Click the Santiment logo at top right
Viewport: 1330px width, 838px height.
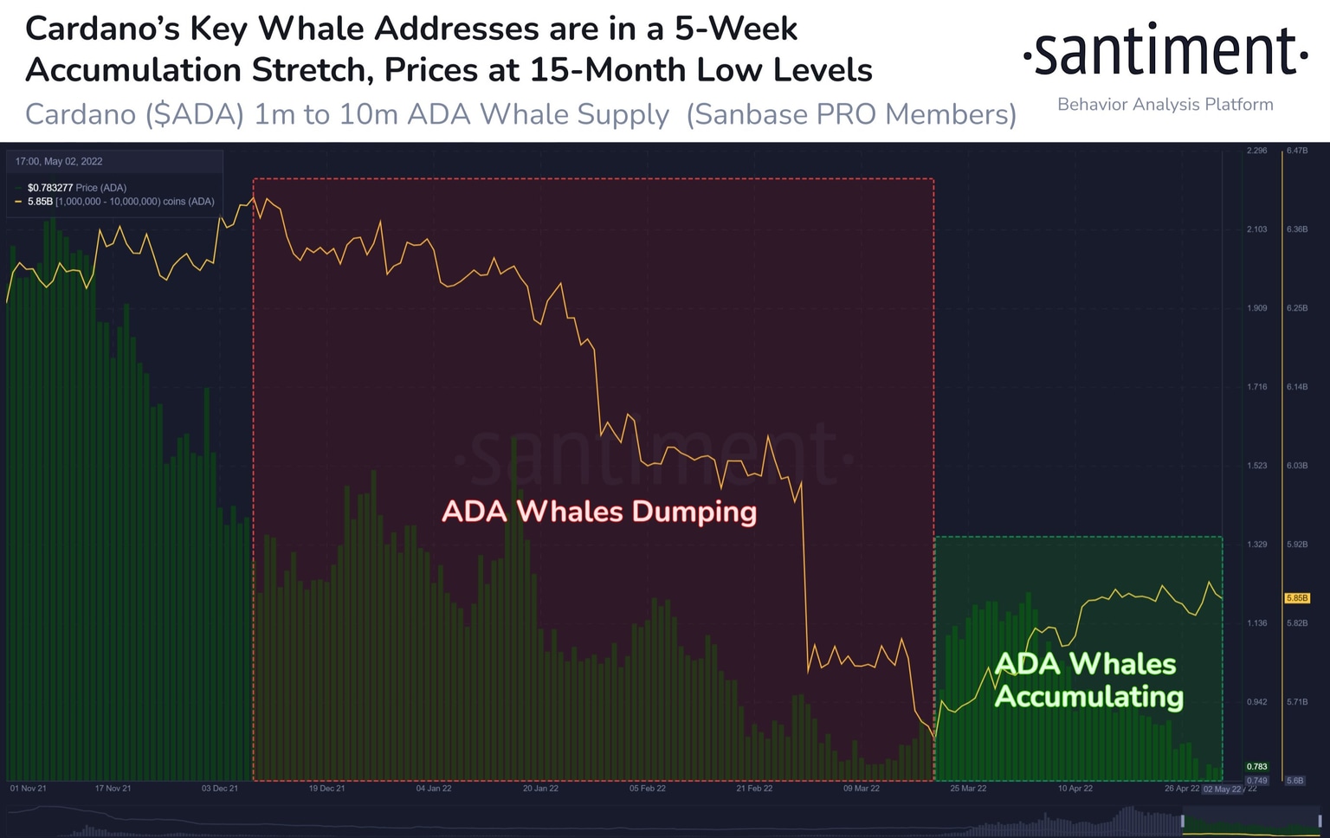pyautogui.click(x=1165, y=51)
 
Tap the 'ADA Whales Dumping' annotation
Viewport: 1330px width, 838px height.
pyautogui.click(x=599, y=512)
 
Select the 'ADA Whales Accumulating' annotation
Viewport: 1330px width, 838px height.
pyautogui.click(x=1088, y=680)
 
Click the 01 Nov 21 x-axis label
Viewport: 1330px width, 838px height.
pyautogui.click(x=29, y=789)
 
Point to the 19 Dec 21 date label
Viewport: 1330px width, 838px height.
pyautogui.click(x=326, y=789)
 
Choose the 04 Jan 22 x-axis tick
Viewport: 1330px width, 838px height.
pyautogui.click(x=434, y=789)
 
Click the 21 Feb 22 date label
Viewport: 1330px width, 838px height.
pyautogui.click(x=754, y=789)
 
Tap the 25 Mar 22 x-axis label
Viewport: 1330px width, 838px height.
pyautogui.click(x=968, y=789)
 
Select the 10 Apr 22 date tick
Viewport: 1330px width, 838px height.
pyautogui.click(x=1075, y=789)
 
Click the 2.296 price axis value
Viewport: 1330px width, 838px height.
pyautogui.click(x=1256, y=151)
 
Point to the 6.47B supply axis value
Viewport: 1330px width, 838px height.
pyautogui.click(x=1297, y=151)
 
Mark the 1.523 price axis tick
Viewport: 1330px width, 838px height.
pyautogui.click(x=1256, y=466)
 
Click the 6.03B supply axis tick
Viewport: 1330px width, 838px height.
pyautogui.click(x=1297, y=466)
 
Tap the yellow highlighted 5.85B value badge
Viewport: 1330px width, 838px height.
pyautogui.click(x=1297, y=598)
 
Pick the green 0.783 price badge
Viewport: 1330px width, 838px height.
pyautogui.click(x=1256, y=767)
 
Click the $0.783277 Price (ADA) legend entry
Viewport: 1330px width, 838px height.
pyautogui.click(x=76, y=188)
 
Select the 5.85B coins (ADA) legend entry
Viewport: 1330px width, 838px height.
pyautogui.click(x=120, y=202)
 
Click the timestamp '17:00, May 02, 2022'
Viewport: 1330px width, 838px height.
pyautogui.click(x=59, y=162)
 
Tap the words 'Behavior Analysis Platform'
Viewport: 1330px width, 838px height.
pyautogui.click(x=1165, y=105)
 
